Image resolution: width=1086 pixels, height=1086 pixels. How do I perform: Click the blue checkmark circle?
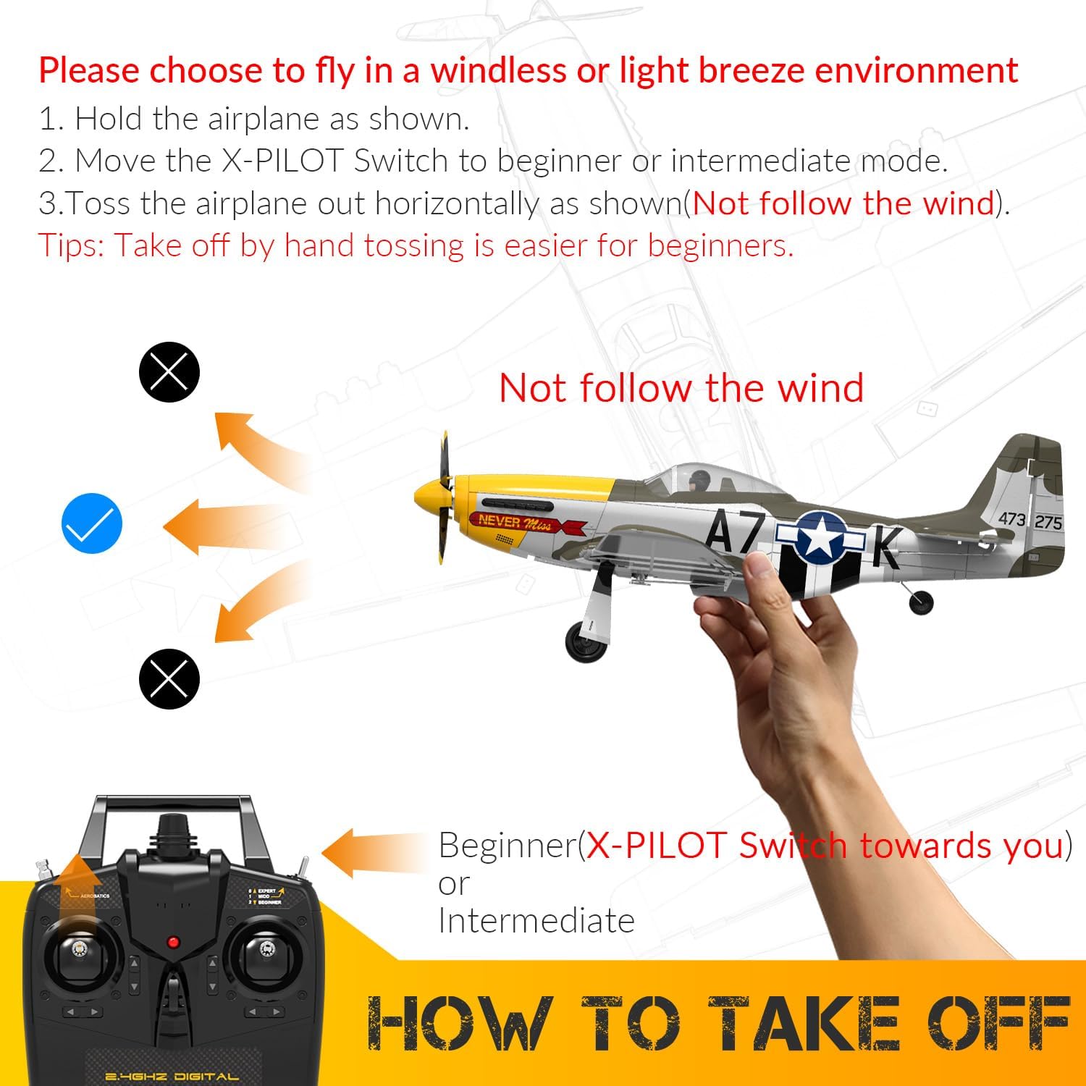[x=92, y=523]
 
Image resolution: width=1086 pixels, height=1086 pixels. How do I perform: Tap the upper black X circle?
[x=169, y=372]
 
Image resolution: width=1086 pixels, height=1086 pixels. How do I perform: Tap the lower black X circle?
[x=169, y=678]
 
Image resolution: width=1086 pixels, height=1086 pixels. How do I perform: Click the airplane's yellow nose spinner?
[x=426, y=497]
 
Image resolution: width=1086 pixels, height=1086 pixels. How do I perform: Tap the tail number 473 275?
[x=1030, y=520]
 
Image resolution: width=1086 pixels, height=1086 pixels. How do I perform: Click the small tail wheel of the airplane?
[x=921, y=601]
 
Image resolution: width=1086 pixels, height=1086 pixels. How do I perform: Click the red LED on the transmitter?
[x=173, y=942]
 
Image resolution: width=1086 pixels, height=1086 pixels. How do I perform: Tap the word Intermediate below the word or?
[x=536, y=921]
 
